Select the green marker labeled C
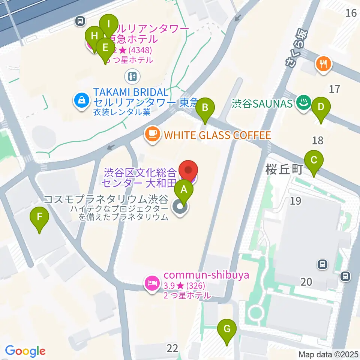point(314,162)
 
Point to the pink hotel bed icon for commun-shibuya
point(151,282)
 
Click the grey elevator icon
point(132,76)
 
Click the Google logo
point(25,351)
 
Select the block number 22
point(172,348)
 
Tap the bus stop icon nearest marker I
point(80,21)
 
